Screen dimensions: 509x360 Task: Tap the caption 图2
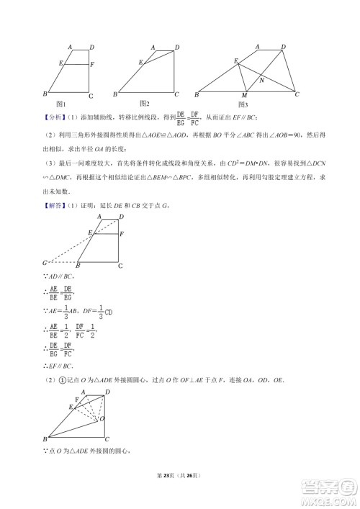pos(145,103)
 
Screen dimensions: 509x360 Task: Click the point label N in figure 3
pos(261,80)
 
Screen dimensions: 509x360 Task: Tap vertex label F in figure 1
pos(91,65)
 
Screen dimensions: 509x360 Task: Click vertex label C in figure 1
pos(90,96)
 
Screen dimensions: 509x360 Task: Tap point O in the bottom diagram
pos(103,418)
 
